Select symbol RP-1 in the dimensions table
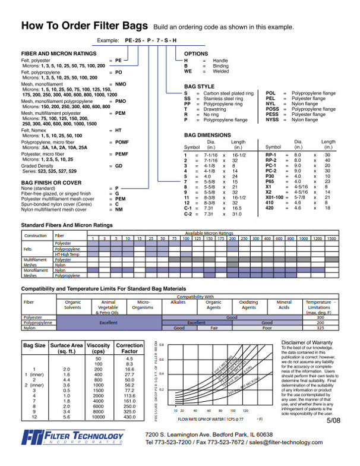click(x=271, y=155)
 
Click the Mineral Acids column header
click(x=284, y=305)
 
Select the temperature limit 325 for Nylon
click(x=321, y=328)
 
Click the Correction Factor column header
click(x=129, y=348)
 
